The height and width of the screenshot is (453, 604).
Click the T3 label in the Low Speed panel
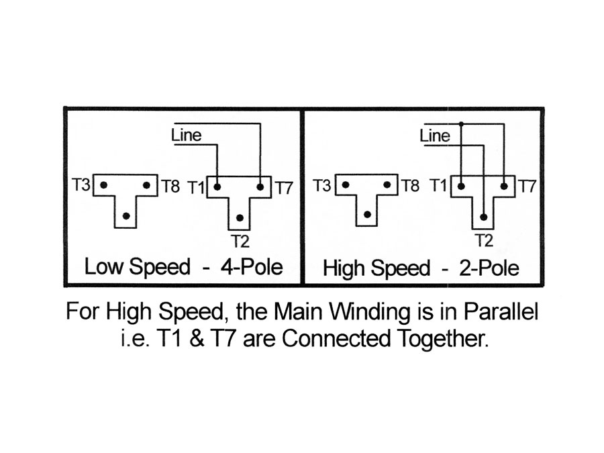(81, 185)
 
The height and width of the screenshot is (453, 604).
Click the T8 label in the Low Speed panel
(170, 187)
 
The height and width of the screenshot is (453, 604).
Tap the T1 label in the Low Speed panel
(197, 188)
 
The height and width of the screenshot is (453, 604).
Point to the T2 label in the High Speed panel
(485, 240)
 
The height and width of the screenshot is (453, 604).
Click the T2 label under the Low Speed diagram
(240, 242)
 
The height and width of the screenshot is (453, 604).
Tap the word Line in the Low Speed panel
(187, 135)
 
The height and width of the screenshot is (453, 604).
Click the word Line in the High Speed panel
(435, 136)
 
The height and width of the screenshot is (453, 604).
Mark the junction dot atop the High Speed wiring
(461, 124)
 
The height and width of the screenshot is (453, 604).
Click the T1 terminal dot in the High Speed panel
(461, 187)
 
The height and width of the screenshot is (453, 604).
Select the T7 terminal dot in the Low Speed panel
(260, 187)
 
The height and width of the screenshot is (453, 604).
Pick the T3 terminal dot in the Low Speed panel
(103, 185)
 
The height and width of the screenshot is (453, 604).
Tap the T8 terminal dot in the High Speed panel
(387, 185)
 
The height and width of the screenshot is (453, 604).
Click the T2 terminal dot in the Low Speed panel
(240, 218)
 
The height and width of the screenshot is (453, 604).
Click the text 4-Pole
(252, 266)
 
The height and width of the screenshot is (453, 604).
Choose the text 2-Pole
(489, 268)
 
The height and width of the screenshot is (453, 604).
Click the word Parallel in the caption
(501, 311)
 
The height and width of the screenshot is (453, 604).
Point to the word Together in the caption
(443, 339)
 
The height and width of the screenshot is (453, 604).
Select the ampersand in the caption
(197, 339)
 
